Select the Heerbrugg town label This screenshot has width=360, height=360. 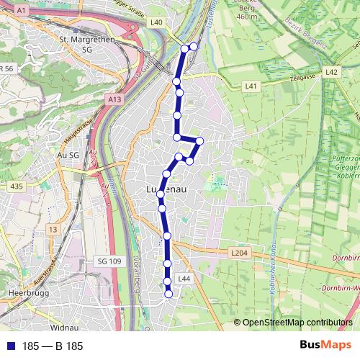(22, 294)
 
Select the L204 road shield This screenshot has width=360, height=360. (240, 253)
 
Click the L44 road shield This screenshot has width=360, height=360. (184, 278)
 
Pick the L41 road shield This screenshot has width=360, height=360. (251, 86)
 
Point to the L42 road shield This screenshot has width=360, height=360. (331, 72)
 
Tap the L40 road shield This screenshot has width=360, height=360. (157, 22)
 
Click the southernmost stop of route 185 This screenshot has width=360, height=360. (169, 293)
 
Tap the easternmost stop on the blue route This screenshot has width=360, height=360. (200, 141)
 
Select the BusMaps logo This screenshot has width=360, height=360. (325, 345)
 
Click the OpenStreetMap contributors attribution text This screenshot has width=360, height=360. (295, 323)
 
